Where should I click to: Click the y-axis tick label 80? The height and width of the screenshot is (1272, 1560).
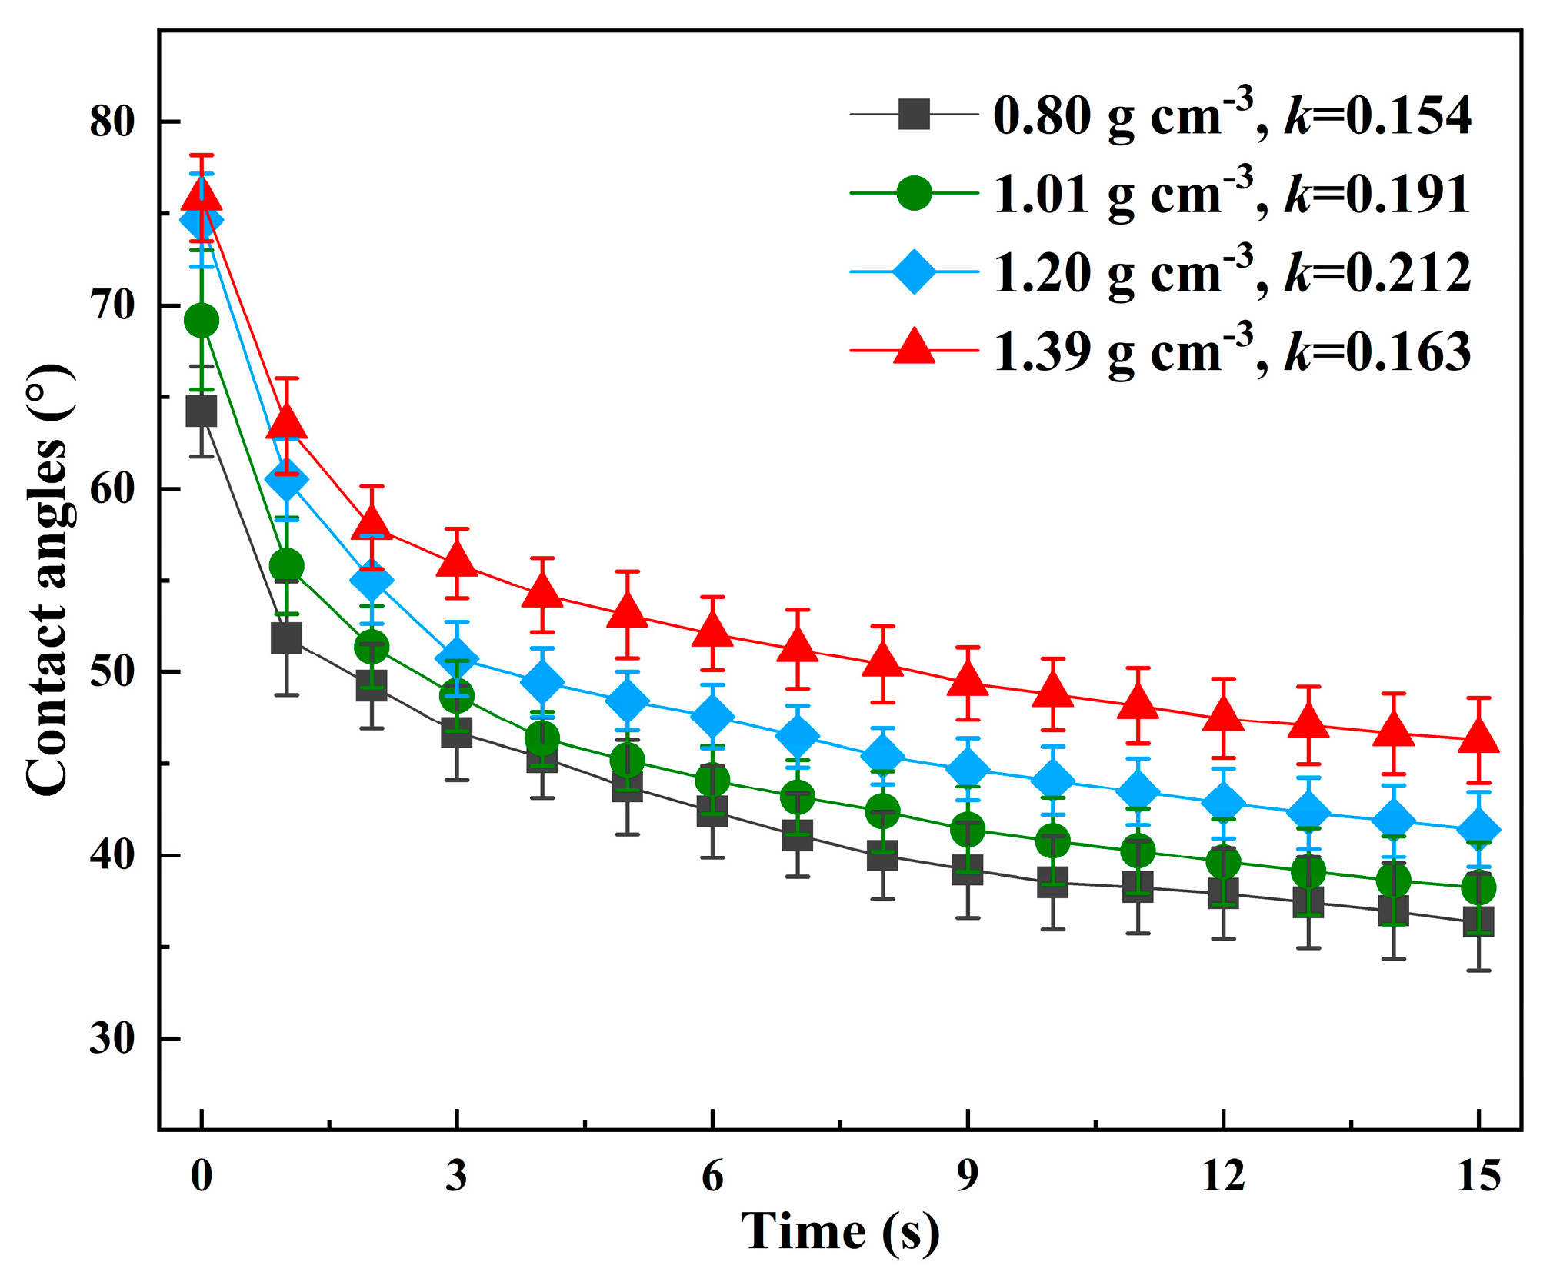point(112,122)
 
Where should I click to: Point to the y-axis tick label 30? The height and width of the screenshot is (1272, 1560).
point(112,1038)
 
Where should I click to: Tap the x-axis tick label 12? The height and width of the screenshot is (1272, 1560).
point(1222,1176)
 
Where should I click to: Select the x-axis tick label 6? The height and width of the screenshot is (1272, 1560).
point(712,1176)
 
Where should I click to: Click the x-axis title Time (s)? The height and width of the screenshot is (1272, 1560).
point(840,1231)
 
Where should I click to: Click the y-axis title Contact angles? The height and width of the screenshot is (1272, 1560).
point(48,581)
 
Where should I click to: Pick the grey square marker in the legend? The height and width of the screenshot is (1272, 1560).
point(914,115)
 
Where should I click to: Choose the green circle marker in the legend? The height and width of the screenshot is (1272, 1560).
point(914,193)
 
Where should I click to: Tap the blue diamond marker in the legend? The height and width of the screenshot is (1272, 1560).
point(914,271)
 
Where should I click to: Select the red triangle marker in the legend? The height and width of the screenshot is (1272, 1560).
point(914,346)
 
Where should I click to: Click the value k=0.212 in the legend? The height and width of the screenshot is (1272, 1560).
point(1378,273)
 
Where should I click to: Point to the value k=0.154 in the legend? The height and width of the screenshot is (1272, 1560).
point(1378,116)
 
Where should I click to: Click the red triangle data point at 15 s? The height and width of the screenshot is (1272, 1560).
point(1478,737)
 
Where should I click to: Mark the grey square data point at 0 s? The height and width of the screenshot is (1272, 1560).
point(202,411)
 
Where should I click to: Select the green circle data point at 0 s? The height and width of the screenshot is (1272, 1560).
point(202,321)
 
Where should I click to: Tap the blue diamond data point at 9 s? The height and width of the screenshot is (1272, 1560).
point(968,769)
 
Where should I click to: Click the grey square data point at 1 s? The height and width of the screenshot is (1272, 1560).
point(286,638)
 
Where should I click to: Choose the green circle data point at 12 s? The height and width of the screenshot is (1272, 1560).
point(1223,861)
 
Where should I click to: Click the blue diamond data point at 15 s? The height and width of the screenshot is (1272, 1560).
point(1478,828)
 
